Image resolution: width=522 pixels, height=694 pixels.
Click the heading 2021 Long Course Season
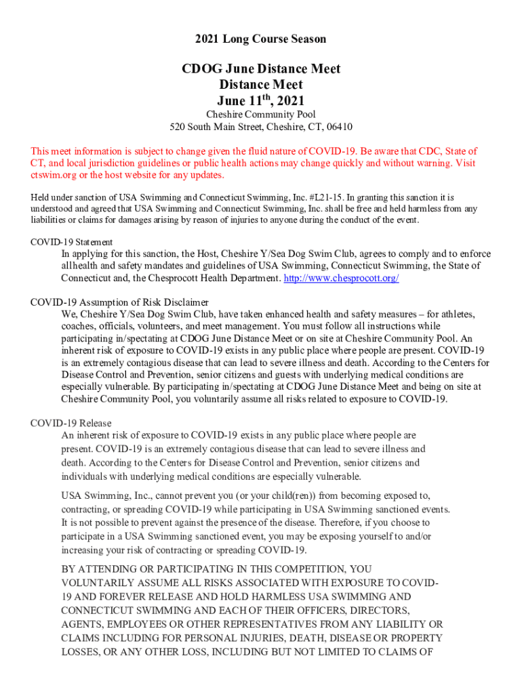click(260, 39)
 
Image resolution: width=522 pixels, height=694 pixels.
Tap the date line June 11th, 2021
click(260, 100)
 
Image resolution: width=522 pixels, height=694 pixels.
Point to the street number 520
click(177, 127)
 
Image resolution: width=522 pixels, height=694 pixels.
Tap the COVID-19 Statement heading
click(72, 242)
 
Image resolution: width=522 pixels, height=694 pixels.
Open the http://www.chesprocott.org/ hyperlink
click(341, 279)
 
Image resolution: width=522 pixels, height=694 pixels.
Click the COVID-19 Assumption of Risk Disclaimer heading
click(119, 302)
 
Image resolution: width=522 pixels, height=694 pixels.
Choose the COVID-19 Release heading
click(71, 423)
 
